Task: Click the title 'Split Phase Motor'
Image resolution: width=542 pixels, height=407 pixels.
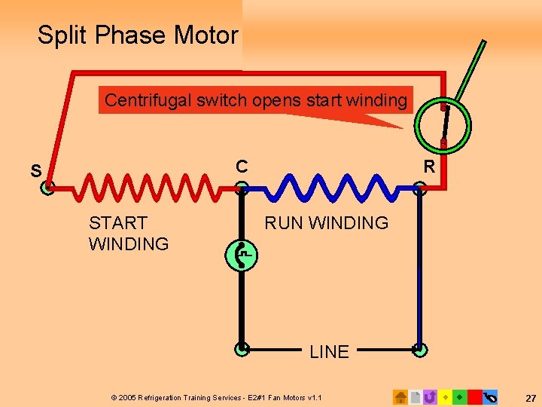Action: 138,35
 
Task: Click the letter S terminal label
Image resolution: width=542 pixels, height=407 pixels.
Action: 36,171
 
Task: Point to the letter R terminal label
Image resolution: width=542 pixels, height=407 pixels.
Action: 429,167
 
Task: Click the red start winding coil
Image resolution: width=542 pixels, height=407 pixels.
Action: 143,189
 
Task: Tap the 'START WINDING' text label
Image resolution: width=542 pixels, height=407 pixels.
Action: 129,233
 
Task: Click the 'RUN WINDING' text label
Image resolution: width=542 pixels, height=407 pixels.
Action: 326,223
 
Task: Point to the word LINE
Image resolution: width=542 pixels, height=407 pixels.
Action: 329,351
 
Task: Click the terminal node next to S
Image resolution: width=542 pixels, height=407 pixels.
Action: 47,189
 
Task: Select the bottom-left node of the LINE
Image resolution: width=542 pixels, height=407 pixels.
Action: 241,349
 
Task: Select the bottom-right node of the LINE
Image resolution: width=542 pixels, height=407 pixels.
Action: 420,349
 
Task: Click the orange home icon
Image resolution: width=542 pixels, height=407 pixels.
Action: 400,396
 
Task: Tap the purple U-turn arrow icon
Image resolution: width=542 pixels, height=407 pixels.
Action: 430,396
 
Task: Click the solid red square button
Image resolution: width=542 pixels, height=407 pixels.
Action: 474,396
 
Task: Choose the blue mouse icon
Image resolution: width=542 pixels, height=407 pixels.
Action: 490,396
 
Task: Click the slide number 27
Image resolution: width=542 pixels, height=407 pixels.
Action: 530,397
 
